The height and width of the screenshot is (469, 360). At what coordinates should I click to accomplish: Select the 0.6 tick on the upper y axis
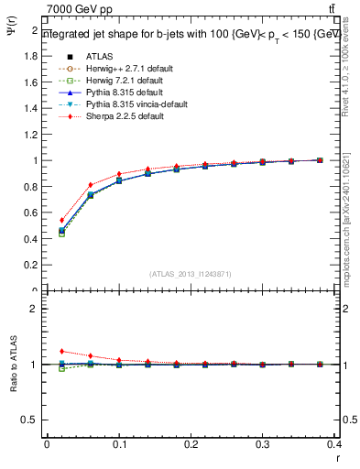[x=32, y=213]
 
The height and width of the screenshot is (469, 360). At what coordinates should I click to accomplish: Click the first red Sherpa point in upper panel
[x=61, y=220]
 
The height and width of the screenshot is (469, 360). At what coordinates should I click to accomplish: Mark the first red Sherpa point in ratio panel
[x=61, y=351]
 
